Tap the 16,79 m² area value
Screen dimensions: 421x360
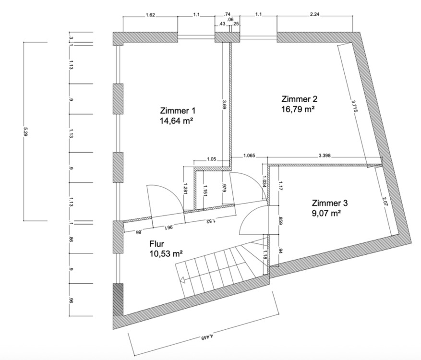298,109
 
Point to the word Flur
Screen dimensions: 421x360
157,244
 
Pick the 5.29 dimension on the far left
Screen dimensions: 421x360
25,132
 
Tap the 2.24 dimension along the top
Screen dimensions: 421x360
315,15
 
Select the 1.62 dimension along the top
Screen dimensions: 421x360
150,15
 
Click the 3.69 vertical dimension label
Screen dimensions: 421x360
224,105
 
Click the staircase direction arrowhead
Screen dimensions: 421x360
182,281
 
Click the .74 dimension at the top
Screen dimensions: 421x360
228,15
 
